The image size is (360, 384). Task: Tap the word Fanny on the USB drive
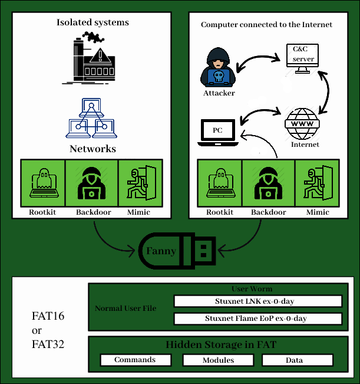[161, 251]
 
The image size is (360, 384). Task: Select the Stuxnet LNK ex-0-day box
[257, 301]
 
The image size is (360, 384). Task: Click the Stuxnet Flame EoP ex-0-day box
[257, 319]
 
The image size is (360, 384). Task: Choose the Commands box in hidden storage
[135, 360]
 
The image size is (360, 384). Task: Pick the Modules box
[218, 360]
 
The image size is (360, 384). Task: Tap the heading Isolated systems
[93, 23]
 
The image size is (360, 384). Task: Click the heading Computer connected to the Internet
[266, 25]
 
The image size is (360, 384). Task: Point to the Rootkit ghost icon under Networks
[42, 182]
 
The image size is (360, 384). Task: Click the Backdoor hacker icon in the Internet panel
[269, 182]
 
